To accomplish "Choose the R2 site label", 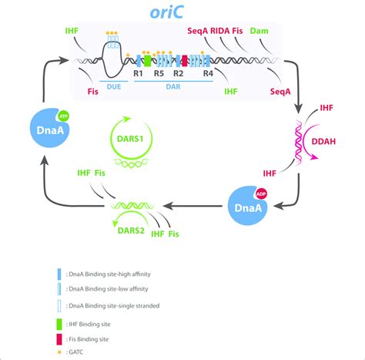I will click(x=178, y=75).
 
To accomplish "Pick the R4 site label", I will click(x=207, y=75).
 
